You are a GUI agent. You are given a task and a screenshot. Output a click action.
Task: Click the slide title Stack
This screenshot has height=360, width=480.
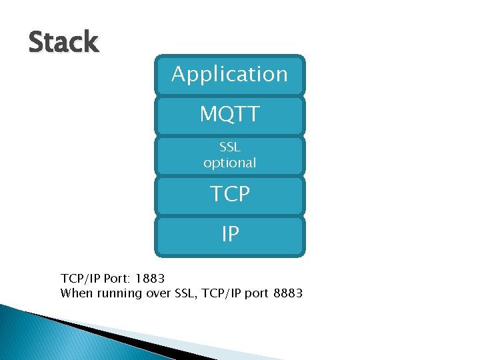63,42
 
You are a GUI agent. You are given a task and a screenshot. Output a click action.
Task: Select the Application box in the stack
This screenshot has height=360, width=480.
229,74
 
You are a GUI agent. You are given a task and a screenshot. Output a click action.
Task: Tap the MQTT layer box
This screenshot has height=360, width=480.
229,115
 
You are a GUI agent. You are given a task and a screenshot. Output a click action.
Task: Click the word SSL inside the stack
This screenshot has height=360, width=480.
229,147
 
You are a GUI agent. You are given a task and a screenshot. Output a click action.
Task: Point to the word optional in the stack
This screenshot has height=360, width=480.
229,163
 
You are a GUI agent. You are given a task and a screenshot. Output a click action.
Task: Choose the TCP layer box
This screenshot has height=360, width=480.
229,195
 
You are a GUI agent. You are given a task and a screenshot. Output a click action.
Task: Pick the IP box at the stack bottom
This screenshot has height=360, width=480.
229,235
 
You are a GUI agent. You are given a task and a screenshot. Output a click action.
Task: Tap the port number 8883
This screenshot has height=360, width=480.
288,293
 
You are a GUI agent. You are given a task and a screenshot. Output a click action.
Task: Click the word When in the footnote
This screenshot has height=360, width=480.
75,293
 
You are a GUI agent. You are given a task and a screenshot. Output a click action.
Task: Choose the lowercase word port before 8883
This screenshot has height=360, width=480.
256,294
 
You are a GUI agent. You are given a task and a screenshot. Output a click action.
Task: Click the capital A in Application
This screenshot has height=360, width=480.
178,73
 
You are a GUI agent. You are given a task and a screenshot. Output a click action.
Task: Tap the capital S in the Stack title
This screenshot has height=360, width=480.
36,42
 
